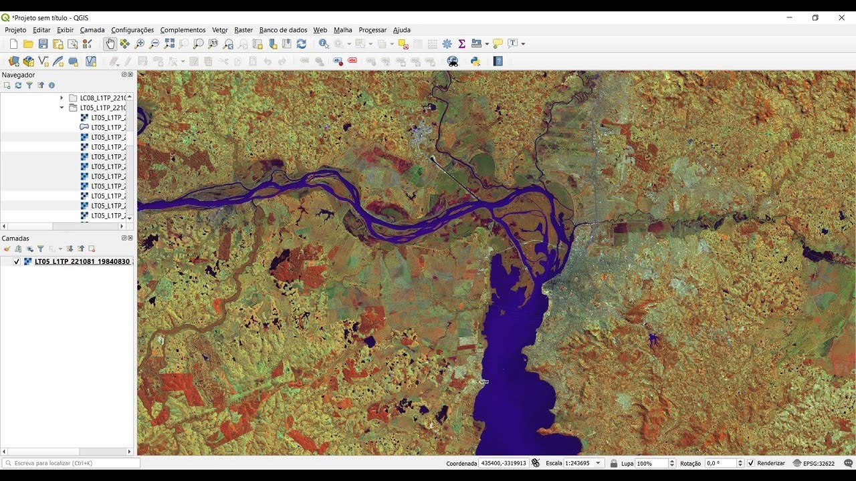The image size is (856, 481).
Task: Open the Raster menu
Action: [243, 30]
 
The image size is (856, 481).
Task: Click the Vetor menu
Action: [220, 30]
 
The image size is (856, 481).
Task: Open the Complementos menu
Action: [183, 30]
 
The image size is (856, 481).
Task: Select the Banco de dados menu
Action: [283, 30]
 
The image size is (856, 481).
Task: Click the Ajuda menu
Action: [401, 30]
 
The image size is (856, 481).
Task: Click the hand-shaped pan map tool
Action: [110, 44]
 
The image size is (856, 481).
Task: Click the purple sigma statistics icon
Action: [461, 44]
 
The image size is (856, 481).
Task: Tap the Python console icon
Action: [475, 61]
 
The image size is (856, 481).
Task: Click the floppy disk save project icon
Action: [43, 44]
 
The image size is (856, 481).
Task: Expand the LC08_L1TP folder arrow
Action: [62, 98]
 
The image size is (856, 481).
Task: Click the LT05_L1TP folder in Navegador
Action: [102, 108]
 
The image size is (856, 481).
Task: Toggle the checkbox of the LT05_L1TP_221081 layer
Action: [17, 262]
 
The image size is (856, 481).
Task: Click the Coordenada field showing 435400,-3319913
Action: [504, 463]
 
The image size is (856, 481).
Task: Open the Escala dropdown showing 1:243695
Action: [597, 463]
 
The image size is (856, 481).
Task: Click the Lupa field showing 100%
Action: [651, 463]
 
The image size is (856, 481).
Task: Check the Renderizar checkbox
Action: [751, 463]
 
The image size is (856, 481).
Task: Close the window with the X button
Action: [841, 18]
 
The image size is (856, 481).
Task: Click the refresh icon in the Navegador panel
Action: [18, 86]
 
